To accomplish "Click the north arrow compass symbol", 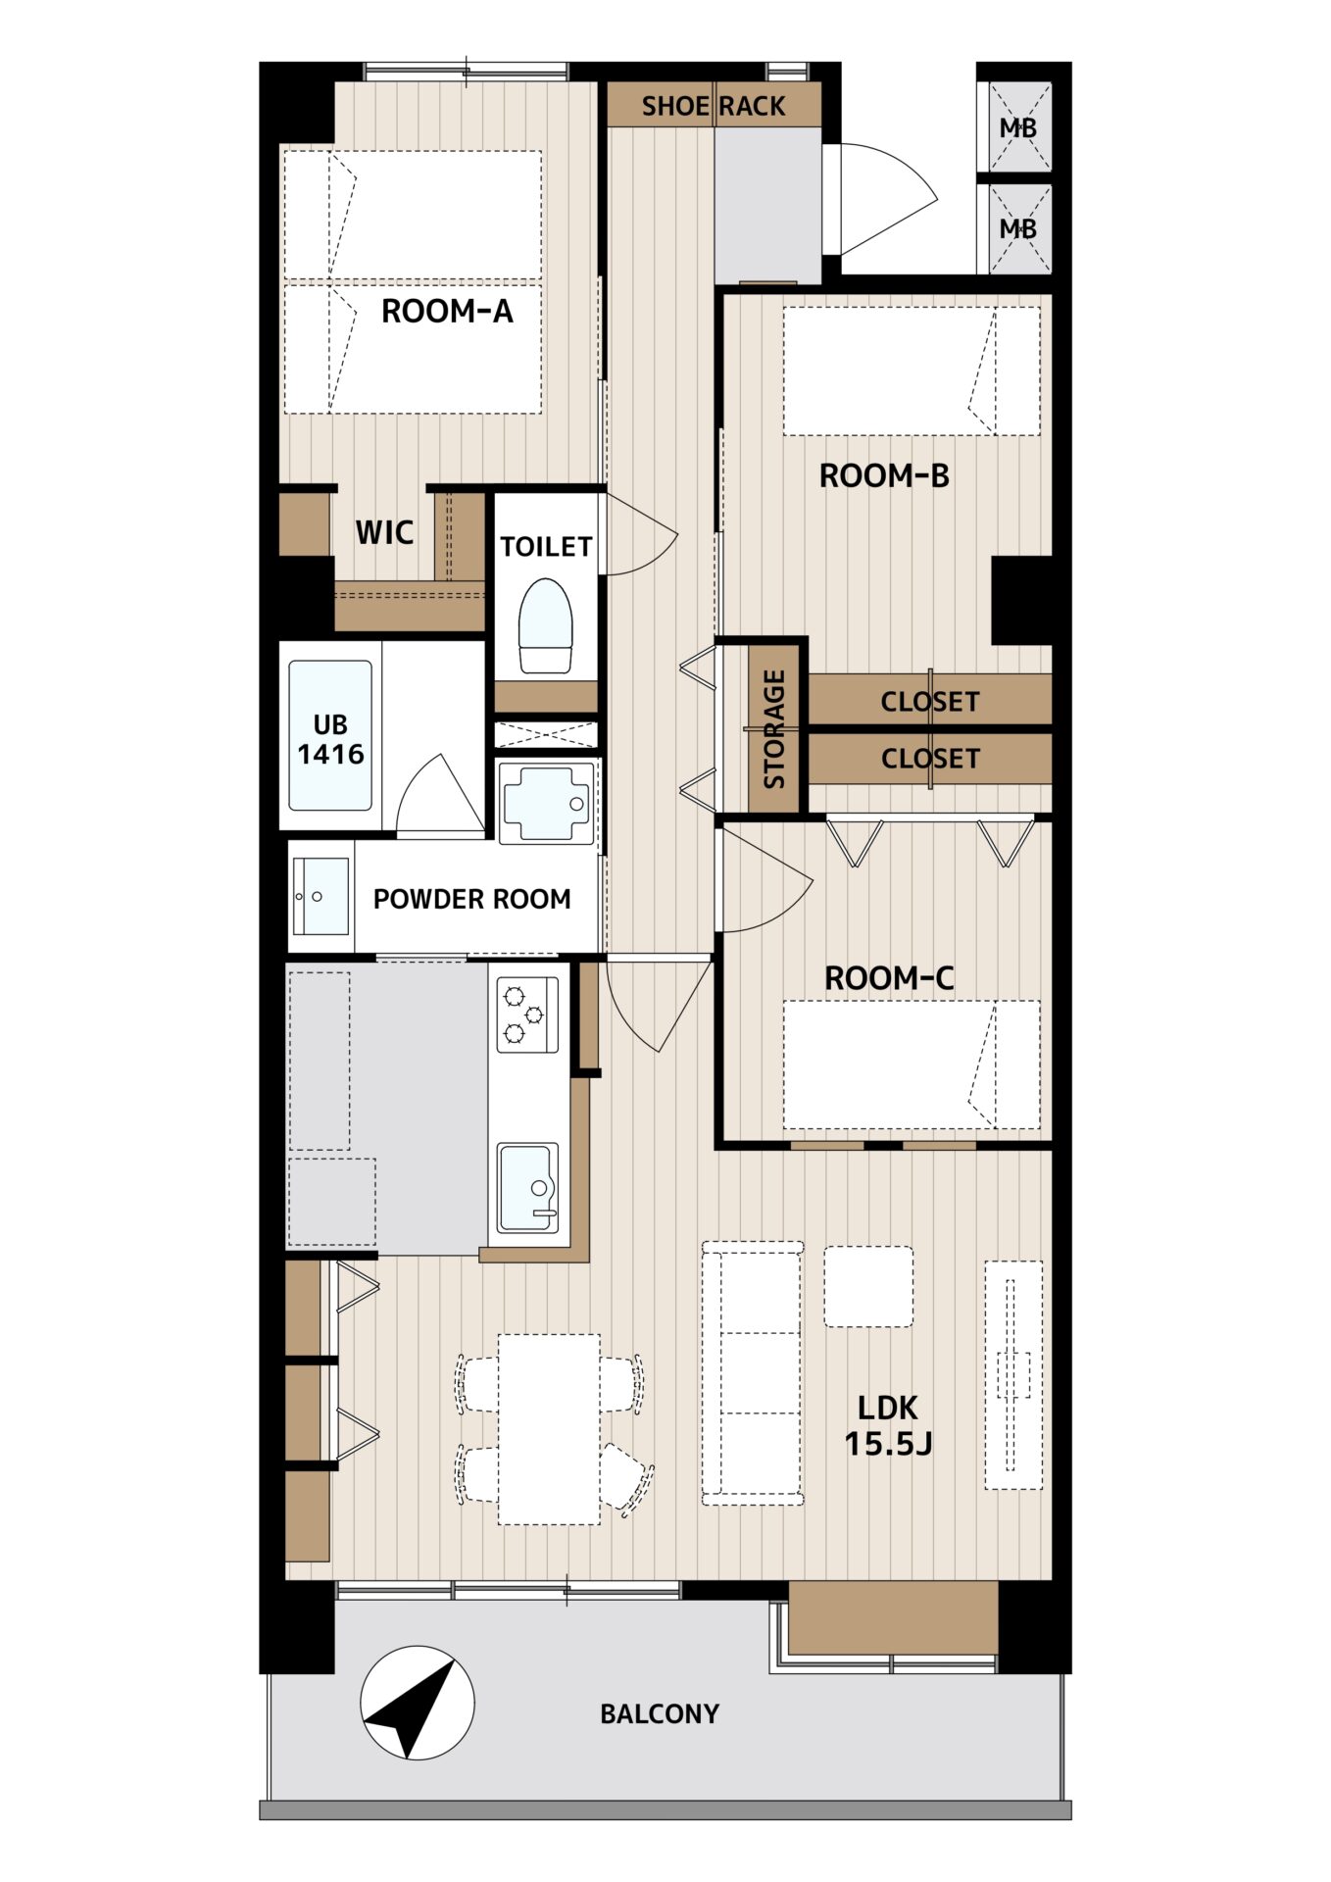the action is coord(418,1702).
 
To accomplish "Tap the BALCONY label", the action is coord(660,1713).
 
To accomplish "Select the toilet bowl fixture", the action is coord(545,625).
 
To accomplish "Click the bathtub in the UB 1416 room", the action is coord(330,735).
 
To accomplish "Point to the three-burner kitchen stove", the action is coord(527,1015).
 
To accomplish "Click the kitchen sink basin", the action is coord(528,1187).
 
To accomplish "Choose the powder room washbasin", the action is coord(320,897).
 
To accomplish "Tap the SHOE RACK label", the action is coord(714,106).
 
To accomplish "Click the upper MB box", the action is coord(1018,127).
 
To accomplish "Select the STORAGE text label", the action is coord(774,728).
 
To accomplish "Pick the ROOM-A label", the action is coord(447,311).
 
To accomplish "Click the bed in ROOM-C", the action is coord(912,1065).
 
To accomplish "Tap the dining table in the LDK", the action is coord(549,1429).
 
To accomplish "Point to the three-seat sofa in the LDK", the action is coord(753,1373).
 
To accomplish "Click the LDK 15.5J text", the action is coord(888,1425).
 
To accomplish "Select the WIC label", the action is coord(384,532).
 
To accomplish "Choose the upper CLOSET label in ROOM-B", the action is coord(929,702).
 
